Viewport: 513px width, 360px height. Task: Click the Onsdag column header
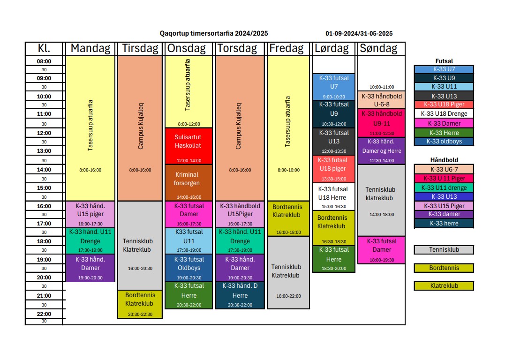click(188, 48)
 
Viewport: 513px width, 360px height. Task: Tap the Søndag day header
click(378, 48)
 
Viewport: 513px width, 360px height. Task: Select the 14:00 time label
click(44, 170)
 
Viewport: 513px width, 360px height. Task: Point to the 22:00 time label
click(44, 314)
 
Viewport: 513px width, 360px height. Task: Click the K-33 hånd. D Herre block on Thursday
click(240, 295)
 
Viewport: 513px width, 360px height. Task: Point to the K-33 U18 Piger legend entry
click(444, 105)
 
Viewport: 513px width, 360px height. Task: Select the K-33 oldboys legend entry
click(444, 142)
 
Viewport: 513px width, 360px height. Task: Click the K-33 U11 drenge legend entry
click(444, 187)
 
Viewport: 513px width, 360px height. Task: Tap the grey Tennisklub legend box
click(444, 250)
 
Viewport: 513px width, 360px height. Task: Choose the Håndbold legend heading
click(444, 160)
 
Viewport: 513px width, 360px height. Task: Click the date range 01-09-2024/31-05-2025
click(359, 33)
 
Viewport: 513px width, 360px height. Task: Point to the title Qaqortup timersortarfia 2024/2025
click(214, 33)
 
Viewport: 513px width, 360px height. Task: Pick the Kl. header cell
click(44, 48)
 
